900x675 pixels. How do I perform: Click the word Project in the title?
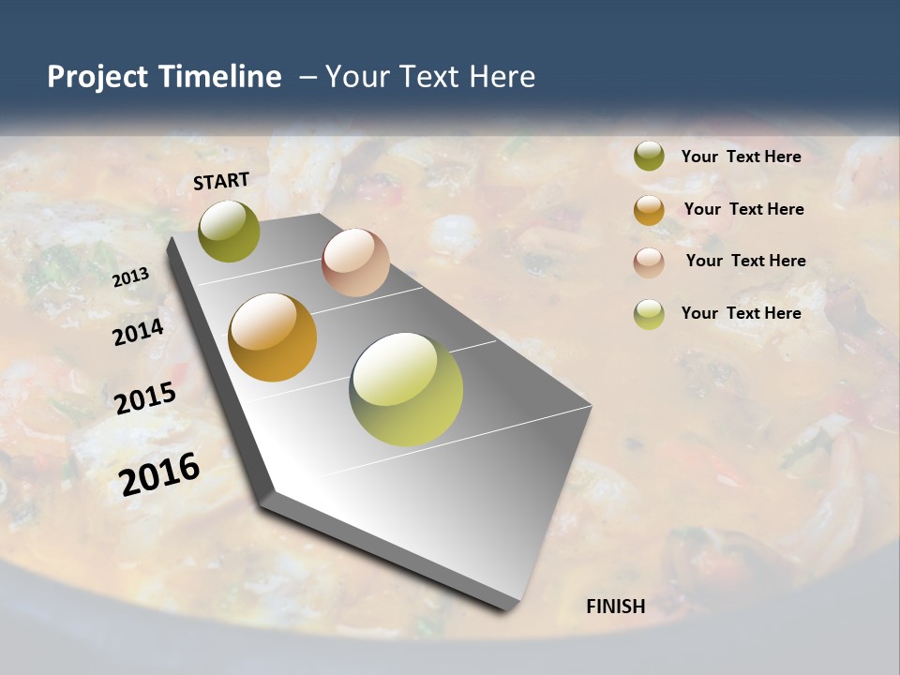point(97,77)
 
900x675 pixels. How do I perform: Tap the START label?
point(221,181)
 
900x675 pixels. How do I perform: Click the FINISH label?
point(616,607)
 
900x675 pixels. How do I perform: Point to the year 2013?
point(131,277)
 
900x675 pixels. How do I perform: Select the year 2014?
point(139,332)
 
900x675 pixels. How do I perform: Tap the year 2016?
point(159,474)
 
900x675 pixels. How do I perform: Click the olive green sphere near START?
point(230,231)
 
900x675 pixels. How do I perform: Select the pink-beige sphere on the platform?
point(355,262)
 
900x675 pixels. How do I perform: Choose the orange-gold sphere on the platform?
point(273,337)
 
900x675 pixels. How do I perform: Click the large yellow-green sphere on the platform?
point(406,389)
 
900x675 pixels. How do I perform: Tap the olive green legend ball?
point(649,157)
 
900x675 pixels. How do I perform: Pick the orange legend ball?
point(649,210)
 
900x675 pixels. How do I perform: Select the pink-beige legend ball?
point(649,262)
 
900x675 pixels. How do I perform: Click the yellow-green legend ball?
point(649,314)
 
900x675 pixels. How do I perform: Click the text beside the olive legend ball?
point(742,157)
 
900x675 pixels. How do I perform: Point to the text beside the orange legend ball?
point(744,209)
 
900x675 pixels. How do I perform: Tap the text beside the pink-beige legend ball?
point(746,261)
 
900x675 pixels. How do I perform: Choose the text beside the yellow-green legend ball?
point(742,313)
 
